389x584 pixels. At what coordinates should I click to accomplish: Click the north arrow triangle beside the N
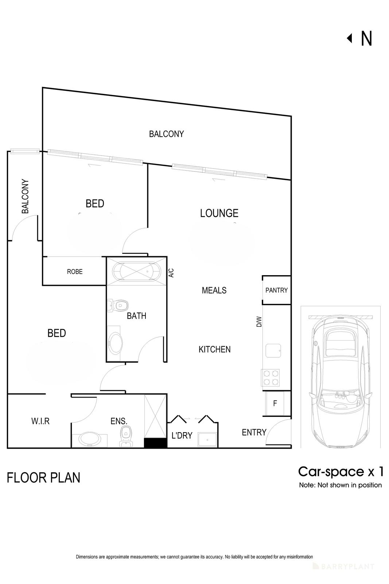point(350,38)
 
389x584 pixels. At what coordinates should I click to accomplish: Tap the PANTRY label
point(276,290)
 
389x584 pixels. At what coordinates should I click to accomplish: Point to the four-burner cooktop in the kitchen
point(271,377)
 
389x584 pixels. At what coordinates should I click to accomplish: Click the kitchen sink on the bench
point(272,350)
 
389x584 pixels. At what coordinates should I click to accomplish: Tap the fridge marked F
point(276,403)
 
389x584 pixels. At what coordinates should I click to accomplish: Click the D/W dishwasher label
point(259,322)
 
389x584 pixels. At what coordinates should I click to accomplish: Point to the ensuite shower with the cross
point(155,416)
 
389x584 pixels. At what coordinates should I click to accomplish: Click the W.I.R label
point(40,421)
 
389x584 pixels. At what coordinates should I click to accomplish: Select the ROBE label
point(75,272)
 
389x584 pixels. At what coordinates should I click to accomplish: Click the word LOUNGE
point(219,213)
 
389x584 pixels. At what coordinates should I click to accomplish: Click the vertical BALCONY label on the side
point(25,196)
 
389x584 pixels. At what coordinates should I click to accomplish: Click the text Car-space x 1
point(341,472)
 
